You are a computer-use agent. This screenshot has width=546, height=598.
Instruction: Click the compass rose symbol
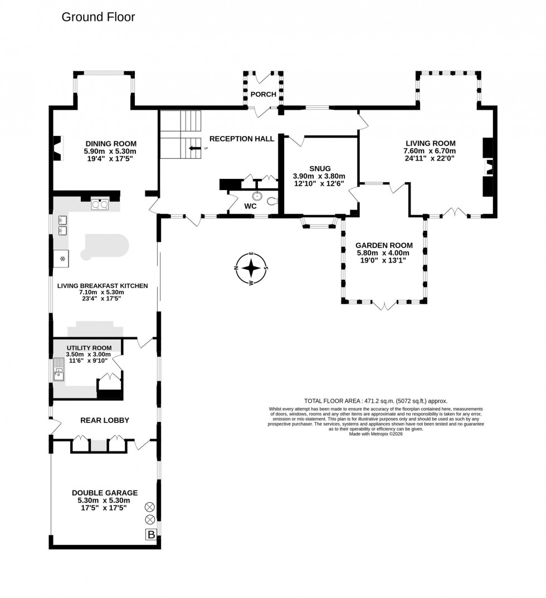252,268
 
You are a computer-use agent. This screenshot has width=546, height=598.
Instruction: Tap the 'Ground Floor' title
98,17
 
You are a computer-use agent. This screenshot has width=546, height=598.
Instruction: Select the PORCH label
263,94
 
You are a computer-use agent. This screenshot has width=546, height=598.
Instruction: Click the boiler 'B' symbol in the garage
150,535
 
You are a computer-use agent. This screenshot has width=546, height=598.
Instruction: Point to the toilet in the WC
272,201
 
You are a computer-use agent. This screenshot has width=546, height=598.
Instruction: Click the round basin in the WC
257,196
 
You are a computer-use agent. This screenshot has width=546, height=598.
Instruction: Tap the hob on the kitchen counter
100,205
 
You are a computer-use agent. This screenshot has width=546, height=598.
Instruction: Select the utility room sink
59,368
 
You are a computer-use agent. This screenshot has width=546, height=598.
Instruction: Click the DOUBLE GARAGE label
105,493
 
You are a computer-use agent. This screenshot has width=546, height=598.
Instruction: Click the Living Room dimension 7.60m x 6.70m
430,151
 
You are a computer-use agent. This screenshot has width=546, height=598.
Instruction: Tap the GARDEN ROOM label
384,245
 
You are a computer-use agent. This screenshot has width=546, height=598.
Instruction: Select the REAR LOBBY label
105,420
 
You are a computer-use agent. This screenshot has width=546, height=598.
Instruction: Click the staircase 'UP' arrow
195,148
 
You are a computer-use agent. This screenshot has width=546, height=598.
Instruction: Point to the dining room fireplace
57,148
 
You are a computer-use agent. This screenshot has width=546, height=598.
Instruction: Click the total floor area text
376,401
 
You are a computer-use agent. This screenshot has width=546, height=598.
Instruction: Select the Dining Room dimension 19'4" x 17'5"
110,159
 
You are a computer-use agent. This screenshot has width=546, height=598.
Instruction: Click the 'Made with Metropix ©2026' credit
376,434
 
